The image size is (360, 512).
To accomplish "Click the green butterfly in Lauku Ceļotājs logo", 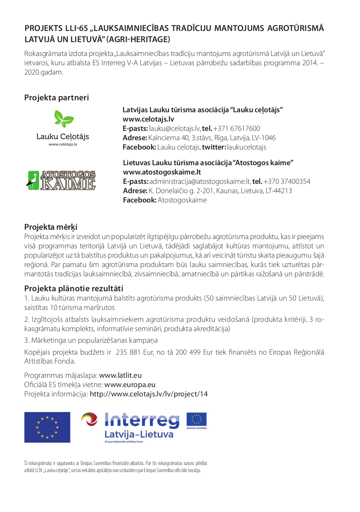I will click(x=64, y=119).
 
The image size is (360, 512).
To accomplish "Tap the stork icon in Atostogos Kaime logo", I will click(x=33, y=180).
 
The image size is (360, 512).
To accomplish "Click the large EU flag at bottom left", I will click(x=47, y=427).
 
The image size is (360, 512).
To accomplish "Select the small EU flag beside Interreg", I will click(x=196, y=420).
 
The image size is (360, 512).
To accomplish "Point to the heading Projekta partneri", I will click(x=57, y=98).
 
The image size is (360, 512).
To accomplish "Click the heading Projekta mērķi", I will click(x=51, y=227).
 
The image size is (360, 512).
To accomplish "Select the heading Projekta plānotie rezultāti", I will click(x=73, y=289).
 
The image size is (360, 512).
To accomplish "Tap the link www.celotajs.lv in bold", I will click(x=148, y=119).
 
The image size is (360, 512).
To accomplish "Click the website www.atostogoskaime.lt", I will click(x=162, y=172).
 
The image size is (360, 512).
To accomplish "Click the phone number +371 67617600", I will click(x=237, y=129).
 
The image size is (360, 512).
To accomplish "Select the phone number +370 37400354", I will click(x=287, y=182).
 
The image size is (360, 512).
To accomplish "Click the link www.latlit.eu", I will click(x=120, y=376).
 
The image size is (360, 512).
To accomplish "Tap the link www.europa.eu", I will click(x=130, y=385).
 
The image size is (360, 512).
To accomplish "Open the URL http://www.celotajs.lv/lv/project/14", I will click(x=149, y=394).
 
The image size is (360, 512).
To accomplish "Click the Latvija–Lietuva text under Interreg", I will click(x=139, y=434).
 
